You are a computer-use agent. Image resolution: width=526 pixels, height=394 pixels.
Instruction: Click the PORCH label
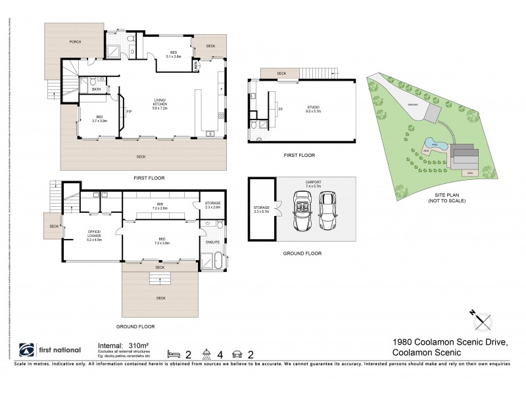pos(76,42)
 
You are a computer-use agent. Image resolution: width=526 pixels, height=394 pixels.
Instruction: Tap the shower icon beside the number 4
pos(206,354)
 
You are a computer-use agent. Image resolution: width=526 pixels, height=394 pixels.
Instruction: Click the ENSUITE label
pos(212,242)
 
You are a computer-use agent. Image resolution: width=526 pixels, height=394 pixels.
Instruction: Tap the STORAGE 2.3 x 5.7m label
pos(261,209)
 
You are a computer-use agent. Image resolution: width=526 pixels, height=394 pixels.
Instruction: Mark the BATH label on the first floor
pos(97,89)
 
